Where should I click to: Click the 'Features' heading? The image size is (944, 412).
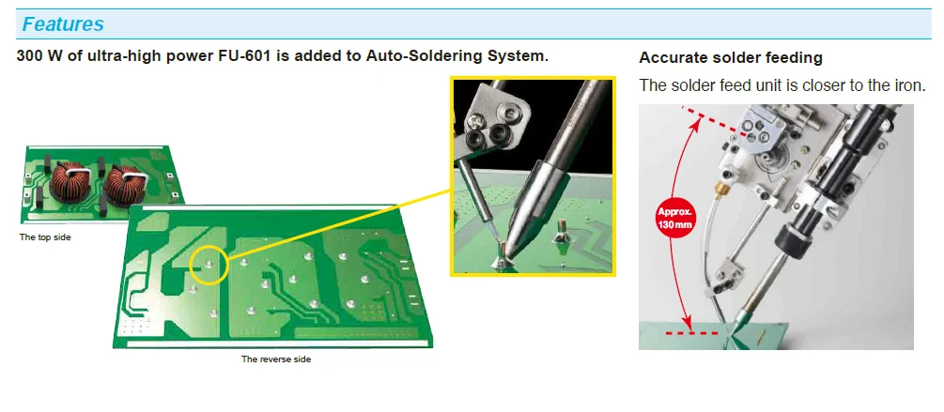63,24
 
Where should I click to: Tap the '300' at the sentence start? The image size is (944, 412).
31,55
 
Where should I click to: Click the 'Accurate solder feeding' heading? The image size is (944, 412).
731,58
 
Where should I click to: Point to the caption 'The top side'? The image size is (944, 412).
45,237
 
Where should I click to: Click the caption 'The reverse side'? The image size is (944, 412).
275,359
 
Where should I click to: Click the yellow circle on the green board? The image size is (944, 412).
210,265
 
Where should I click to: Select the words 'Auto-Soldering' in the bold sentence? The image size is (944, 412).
425,55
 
